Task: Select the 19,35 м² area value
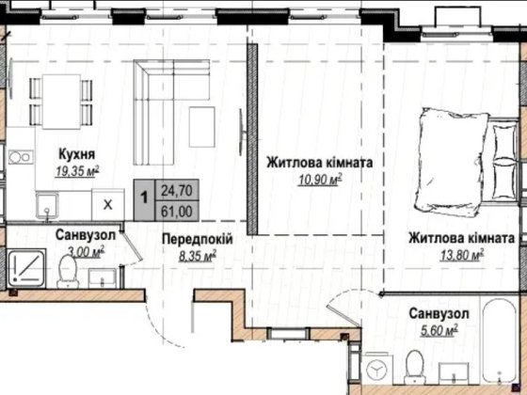(x=78, y=172)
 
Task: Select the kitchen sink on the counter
(x=47, y=205)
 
